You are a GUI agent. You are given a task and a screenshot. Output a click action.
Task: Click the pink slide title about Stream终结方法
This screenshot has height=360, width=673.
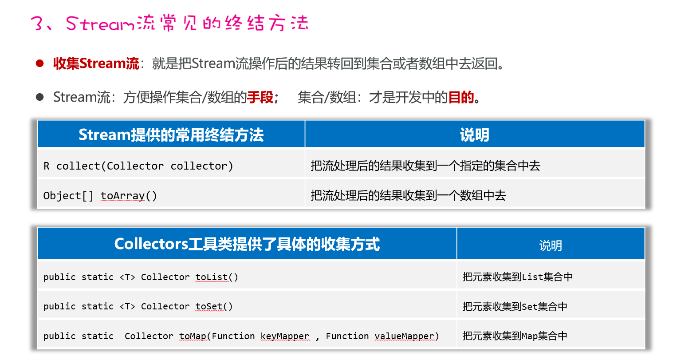170,23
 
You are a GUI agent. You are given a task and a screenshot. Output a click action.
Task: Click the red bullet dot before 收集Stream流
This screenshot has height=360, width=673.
40,63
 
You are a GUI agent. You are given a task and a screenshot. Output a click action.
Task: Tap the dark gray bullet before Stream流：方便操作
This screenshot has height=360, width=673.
40,97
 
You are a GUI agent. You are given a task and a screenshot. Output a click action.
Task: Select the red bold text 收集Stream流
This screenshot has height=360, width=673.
96,63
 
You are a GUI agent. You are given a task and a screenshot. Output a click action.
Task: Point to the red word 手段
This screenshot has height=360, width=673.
260,97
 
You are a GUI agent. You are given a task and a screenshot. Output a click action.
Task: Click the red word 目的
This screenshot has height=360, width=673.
461,97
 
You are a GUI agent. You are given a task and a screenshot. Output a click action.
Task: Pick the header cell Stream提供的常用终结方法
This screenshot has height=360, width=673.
171,135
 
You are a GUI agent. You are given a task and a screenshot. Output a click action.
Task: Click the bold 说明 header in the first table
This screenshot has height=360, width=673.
474,135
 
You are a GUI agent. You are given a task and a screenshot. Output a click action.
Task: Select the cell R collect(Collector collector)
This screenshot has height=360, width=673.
138,166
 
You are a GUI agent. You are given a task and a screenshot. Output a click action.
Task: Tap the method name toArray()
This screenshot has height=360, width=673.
129,196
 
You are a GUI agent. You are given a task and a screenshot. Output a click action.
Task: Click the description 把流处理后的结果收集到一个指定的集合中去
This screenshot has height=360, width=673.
425,166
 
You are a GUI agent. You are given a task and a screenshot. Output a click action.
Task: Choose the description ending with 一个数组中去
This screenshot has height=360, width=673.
408,196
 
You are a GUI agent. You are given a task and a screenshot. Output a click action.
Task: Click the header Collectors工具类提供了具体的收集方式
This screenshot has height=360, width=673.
247,244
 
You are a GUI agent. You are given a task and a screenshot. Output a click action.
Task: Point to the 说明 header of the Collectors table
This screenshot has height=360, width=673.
550,245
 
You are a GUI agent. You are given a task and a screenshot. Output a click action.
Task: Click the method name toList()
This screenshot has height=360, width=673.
216,277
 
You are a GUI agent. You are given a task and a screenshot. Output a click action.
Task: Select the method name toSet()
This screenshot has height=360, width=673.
214,306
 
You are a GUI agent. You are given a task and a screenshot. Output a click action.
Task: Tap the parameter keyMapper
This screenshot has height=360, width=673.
285,336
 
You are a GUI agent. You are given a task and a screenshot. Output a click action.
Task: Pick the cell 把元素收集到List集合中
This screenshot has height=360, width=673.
517,277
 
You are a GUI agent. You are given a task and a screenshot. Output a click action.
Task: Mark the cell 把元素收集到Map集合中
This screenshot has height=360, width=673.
515,336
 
